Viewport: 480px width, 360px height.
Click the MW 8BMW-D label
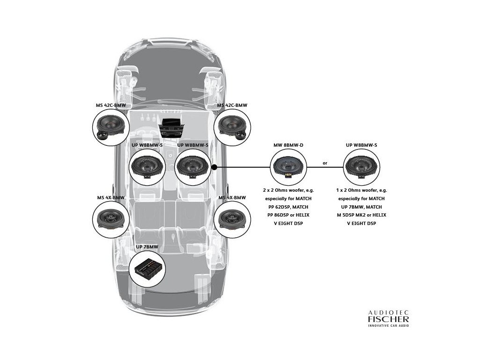(x=288, y=145)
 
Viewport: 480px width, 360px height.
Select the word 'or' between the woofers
(x=325, y=164)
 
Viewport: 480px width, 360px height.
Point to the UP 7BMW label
(x=147, y=247)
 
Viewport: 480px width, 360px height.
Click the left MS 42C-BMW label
(x=111, y=105)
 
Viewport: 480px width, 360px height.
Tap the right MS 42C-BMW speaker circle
(x=232, y=127)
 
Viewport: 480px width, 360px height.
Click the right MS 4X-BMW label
(x=232, y=198)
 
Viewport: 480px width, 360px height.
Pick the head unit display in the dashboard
(x=170, y=125)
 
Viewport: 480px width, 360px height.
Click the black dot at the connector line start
(x=214, y=167)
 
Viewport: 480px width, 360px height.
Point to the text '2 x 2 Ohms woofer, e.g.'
(x=288, y=191)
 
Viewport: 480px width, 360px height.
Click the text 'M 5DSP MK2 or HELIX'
(x=361, y=215)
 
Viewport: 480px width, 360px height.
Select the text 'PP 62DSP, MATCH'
(x=288, y=207)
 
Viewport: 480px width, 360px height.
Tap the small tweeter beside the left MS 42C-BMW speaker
(x=101, y=135)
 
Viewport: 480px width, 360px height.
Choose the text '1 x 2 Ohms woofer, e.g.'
(x=361, y=191)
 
